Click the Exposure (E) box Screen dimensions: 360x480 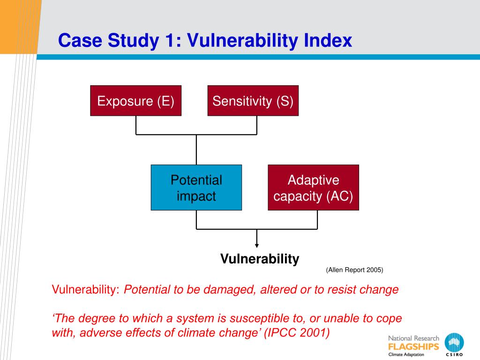coord(135,101)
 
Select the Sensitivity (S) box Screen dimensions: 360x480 coord(253,101)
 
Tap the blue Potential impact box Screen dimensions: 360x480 coord(196,187)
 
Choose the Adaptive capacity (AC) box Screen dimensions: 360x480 coord(313,187)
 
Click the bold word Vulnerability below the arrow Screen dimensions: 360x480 coord(260,259)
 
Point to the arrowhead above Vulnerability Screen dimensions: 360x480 coord(256,245)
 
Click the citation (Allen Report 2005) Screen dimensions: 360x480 coord(354,270)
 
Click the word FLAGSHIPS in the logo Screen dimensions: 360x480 coord(413,347)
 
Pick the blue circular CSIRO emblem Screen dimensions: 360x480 coord(454,344)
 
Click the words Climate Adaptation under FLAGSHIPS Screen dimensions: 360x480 coord(406,354)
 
